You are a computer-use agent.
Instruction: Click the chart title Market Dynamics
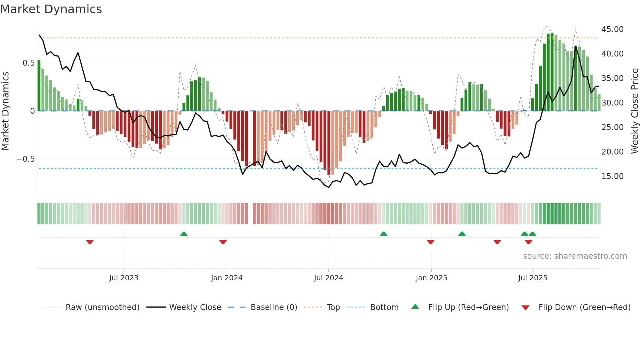pos(51,9)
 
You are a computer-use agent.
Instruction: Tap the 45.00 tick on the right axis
pos(612,29)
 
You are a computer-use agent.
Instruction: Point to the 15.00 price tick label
pos(612,176)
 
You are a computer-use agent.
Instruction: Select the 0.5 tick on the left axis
pos(28,63)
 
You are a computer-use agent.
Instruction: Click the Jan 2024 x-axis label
pos(227,278)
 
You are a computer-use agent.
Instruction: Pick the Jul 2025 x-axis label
pos(533,278)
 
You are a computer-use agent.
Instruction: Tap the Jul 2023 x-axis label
pos(124,278)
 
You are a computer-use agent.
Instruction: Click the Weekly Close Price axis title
pos(634,111)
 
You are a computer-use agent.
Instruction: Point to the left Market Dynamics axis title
pos(5,111)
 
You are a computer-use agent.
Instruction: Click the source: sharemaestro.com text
pos(575,256)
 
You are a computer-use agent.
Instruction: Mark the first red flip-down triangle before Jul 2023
pos(90,242)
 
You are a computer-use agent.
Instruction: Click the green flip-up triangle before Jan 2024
pos(184,234)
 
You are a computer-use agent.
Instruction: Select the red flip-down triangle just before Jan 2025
pos(430,242)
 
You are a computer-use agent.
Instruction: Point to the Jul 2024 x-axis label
pos(328,278)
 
